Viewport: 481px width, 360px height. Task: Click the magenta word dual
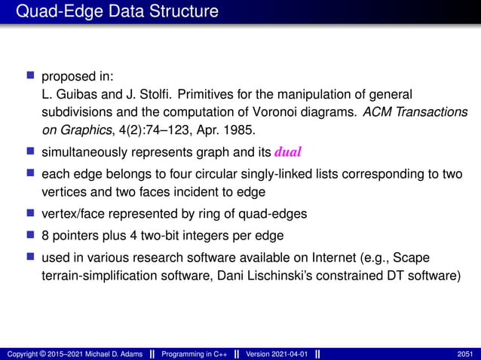pos(288,152)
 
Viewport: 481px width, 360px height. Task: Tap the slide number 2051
pos(466,353)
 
